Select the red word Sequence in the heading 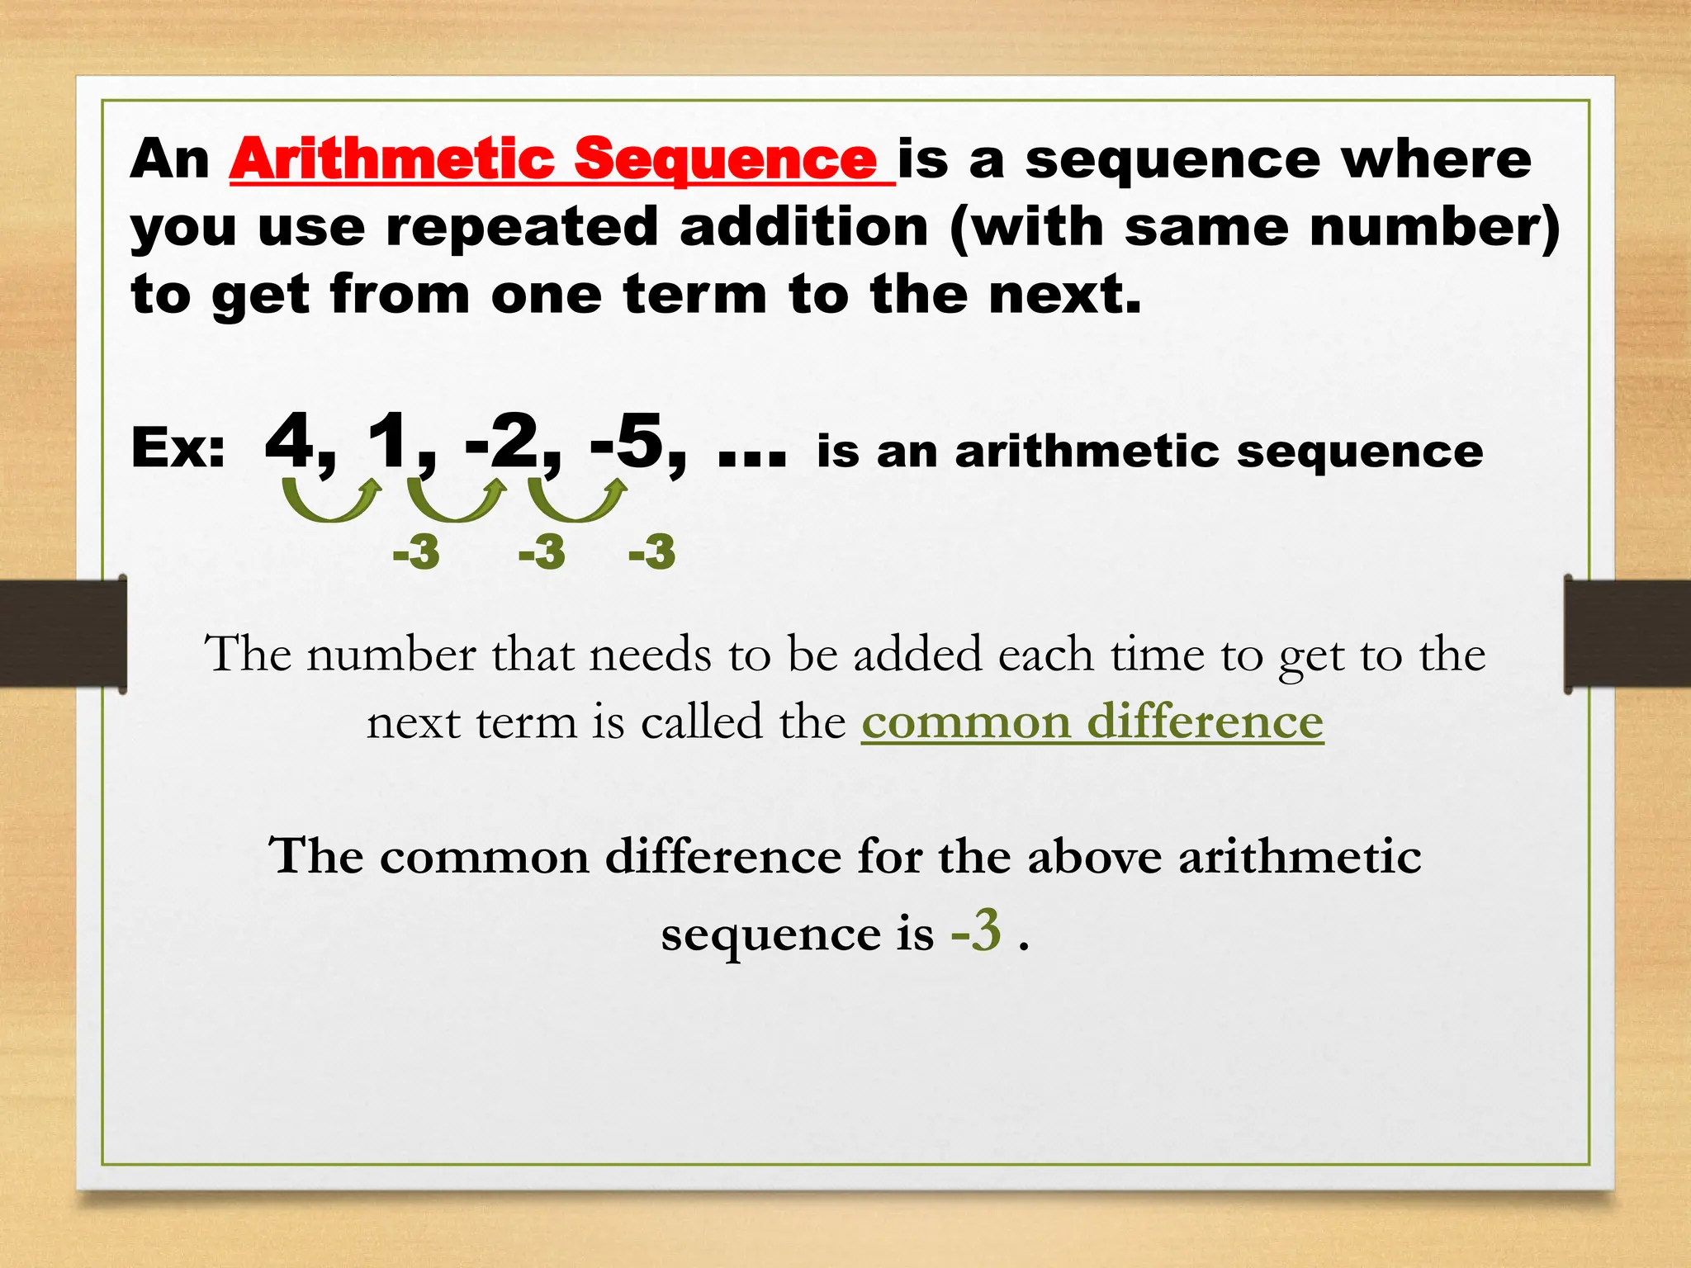725,160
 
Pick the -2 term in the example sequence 502,443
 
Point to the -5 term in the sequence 628,443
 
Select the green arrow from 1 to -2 456,500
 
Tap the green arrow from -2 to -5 577,500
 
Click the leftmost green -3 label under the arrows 415,552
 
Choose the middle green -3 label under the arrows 542,552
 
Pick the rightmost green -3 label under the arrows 651,552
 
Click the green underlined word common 966,722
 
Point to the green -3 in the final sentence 976,930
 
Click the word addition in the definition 804,227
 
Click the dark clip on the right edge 1627,634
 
